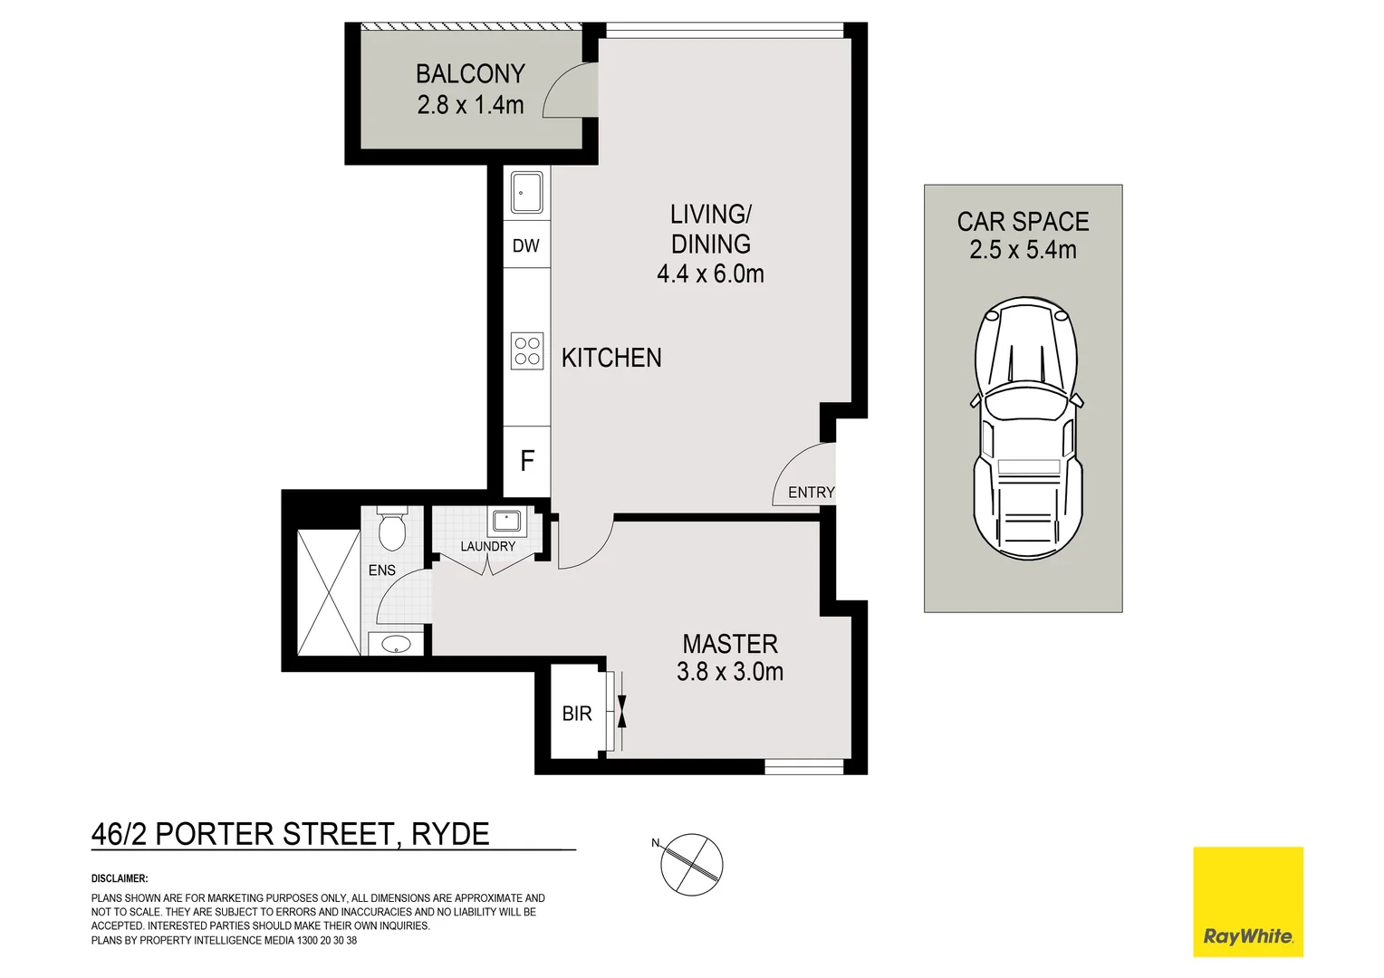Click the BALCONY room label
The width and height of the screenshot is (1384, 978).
(x=470, y=73)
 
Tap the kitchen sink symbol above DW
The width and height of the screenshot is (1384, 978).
(x=526, y=192)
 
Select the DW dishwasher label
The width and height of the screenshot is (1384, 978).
(x=526, y=245)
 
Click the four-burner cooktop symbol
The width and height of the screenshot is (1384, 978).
(x=527, y=351)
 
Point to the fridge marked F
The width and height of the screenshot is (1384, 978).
(x=527, y=461)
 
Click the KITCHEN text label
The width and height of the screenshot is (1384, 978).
(x=611, y=358)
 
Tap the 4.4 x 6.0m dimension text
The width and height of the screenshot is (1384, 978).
(x=710, y=273)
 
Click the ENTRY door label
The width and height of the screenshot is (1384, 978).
(x=811, y=493)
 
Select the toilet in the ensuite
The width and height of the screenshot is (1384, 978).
(x=391, y=531)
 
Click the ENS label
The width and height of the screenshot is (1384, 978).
(x=382, y=570)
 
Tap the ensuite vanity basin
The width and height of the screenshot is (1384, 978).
(x=396, y=644)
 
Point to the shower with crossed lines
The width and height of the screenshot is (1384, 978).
(x=329, y=592)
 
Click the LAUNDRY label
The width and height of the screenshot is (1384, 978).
(x=487, y=547)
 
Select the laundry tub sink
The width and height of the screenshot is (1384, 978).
(x=505, y=521)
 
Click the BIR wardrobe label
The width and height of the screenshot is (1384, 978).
(x=577, y=714)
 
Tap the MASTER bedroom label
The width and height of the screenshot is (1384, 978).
(x=730, y=644)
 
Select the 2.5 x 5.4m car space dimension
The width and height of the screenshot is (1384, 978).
(x=1023, y=250)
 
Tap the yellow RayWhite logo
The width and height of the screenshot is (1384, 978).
(x=1247, y=901)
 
